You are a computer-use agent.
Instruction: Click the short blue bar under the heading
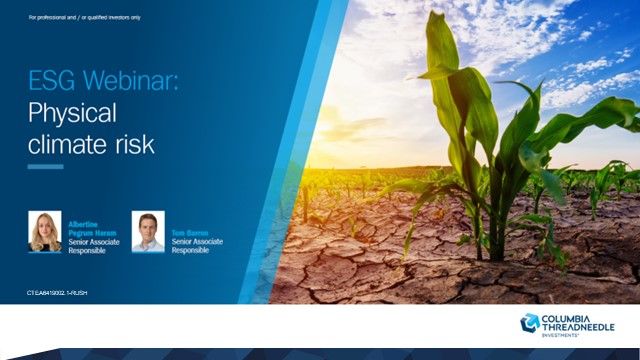46,167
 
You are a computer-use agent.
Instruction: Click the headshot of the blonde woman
46,231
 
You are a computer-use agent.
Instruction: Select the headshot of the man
147,231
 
